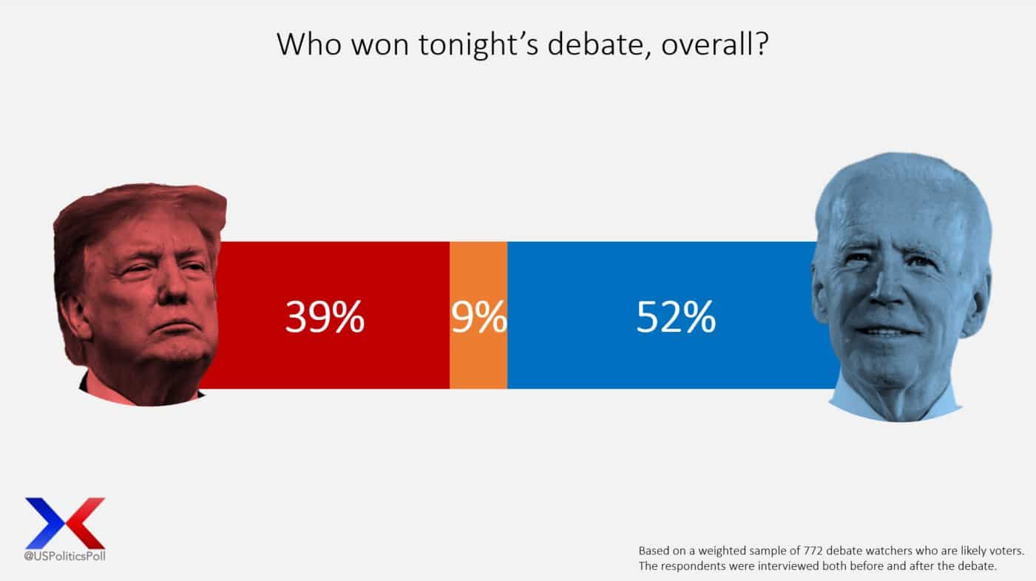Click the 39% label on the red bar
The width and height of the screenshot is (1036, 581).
325,317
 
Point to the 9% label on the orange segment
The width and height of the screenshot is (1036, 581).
478,317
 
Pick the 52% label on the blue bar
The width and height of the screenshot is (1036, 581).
676,317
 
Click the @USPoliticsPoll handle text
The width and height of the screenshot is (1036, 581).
64,556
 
